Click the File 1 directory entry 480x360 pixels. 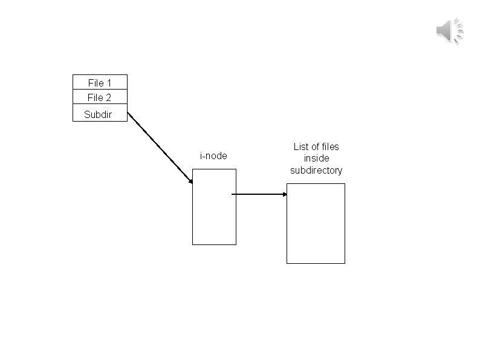click(x=100, y=82)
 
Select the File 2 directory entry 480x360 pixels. click(x=100, y=97)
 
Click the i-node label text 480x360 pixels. click(x=213, y=156)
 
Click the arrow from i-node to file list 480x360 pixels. click(x=259, y=194)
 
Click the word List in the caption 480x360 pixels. click(x=301, y=146)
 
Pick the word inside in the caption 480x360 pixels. click(x=316, y=159)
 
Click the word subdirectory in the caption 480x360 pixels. click(x=316, y=171)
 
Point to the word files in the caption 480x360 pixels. click(x=330, y=146)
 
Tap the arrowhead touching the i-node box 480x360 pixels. click(x=190, y=180)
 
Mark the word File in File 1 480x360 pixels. click(x=96, y=82)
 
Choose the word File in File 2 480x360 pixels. click(x=96, y=97)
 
